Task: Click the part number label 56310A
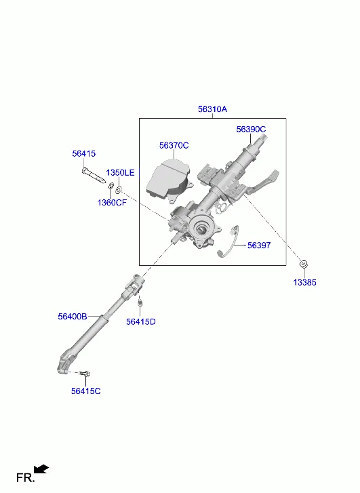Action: click(x=212, y=109)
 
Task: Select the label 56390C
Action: click(x=251, y=130)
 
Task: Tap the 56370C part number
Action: click(x=174, y=146)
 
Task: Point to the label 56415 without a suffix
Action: click(x=83, y=154)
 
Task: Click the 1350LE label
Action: click(x=120, y=173)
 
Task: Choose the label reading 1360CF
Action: click(x=112, y=203)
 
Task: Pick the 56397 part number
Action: click(x=259, y=245)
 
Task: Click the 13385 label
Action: click(x=304, y=282)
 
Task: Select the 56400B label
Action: click(x=73, y=316)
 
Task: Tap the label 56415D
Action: click(x=141, y=321)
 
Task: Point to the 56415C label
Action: click(x=86, y=391)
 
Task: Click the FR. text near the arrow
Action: click(x=26, y=478)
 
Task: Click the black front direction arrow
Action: click(x=41, y=469)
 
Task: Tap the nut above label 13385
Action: click(x=304, y=264)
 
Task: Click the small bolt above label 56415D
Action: click(x=140, y=303)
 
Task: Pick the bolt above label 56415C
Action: click(x=85, y=374)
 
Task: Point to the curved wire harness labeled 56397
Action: click(x=229, y=241)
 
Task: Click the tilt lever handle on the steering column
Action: click(x=264, y=182)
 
